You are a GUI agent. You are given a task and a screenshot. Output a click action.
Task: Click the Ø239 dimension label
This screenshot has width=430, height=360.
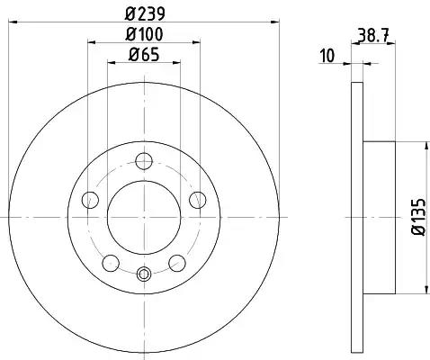tap(145, 13)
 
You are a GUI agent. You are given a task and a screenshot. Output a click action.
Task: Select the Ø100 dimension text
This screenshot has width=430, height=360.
tap(144, 34)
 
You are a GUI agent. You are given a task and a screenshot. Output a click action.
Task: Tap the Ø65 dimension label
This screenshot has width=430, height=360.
tap(144, 55)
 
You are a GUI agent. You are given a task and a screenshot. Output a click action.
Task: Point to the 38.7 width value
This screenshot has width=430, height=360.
tap(373, 37)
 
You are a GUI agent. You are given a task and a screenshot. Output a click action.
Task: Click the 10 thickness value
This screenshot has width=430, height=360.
tap(327, 56)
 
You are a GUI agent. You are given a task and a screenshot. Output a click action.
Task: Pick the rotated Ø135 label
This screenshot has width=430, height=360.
tap(418, 217)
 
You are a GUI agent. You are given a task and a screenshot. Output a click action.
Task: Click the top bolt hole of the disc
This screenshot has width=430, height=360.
tap(144, 161)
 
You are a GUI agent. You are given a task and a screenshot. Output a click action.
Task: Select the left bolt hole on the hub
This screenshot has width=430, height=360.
tap(90, 200)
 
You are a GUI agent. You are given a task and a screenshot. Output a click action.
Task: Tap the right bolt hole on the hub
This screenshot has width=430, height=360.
tap(198, 200)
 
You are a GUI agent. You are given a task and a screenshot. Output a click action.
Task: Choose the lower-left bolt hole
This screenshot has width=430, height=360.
tap(111, 263)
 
